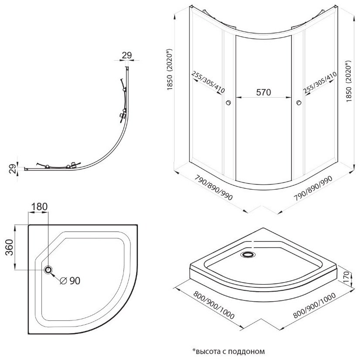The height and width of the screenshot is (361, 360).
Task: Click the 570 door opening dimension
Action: pyautogui.click(x=264, y=92)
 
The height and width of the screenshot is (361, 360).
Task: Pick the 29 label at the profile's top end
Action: pyautogui.click(x=126, y=55)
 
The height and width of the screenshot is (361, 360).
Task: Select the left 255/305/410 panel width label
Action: pyautogui.click(x=208, y=82)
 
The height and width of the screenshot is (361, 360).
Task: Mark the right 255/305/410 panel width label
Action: pyautogui.click(x=320, y=82)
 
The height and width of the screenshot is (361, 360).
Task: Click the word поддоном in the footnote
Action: pyautogui.click(x=247, y=351)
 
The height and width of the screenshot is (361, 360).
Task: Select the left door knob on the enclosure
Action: pyautogui.click(x=227, y=103)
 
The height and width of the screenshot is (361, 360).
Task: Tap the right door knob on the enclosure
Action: pyautogui.click(x=298, y=103)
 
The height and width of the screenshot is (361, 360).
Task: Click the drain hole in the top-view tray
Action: pyautogui.click(x=48, y=270)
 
